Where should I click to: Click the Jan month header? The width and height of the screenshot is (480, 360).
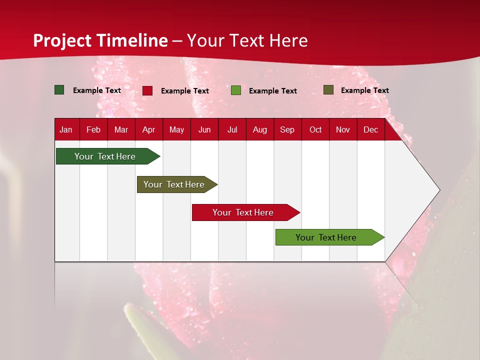[x=66, y=129]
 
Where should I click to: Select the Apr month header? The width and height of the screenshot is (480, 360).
[x=148, y=129]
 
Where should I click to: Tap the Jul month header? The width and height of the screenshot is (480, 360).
[x=232, y=129]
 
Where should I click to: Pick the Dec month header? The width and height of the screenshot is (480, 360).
[x=370, y=129]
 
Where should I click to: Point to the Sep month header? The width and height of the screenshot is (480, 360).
[x=287, y=129]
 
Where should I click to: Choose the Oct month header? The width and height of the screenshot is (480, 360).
[x=315, y=129]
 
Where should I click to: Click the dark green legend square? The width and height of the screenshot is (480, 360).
[x=59, y=90]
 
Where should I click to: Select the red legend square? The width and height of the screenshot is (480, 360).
[x=147, y=90]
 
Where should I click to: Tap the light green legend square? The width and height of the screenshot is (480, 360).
[x=236, y=90]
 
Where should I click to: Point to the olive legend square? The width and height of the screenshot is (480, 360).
[x=328, y=90]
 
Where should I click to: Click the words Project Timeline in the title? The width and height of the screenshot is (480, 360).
[x=100, y=40]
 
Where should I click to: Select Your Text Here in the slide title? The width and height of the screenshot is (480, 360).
[x=247, y=40]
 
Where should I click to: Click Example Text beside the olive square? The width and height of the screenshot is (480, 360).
[x=364, y=90]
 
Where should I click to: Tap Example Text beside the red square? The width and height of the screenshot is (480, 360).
[x=184, y=91]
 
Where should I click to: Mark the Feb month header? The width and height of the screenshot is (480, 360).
[x=93, y=129]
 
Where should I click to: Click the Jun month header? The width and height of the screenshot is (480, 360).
[x=204, y=129]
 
